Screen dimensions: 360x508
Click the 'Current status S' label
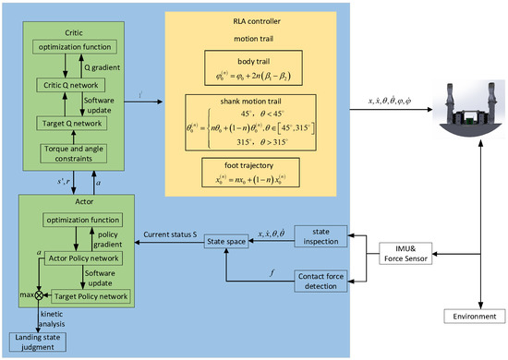[169, 234]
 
